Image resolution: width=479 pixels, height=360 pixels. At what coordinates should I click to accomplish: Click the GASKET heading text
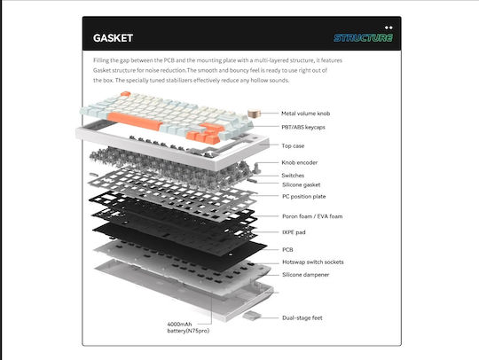[x=113, y=38]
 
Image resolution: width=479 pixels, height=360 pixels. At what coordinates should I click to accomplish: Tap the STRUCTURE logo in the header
[x=363, y=37]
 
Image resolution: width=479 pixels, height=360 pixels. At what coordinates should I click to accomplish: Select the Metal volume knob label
[x=305, y=113]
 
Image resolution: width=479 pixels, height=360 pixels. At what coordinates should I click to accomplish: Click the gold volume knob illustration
[x=255, y=113]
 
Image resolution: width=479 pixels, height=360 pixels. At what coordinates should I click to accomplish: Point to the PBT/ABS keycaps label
[x=303, y=127]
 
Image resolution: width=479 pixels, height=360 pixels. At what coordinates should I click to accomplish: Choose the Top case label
[x=293, y=145]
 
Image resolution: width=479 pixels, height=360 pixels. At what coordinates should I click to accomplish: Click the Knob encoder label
[x=300, y=162]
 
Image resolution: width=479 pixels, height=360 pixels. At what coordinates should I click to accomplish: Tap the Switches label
[x=293, y=176]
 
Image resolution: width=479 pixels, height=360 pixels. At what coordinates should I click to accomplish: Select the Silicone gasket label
[x=302, y=184]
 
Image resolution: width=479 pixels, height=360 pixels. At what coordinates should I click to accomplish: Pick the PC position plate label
[x=303, y=196]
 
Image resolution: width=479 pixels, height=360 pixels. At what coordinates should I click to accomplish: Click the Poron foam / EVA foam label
[x=312, y=216]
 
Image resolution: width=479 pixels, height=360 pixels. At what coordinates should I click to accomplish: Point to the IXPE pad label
[x=294, y=232]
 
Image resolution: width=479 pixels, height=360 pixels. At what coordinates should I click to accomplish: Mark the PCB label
[x=287, y=249]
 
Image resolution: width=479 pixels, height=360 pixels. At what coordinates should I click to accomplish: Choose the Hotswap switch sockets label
[x=313, y=262]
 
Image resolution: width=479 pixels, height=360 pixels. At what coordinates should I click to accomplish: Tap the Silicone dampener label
[x=305, y=275]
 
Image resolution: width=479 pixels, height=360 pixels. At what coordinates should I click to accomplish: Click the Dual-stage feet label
[x=302, y=317]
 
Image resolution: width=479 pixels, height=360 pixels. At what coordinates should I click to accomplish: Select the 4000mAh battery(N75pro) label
[x=188, y=327]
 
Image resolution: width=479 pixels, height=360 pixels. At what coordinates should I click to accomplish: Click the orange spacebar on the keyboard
[x=135, y=121]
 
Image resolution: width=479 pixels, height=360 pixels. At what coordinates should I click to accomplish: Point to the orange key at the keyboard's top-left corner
[x=125, y=94]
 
